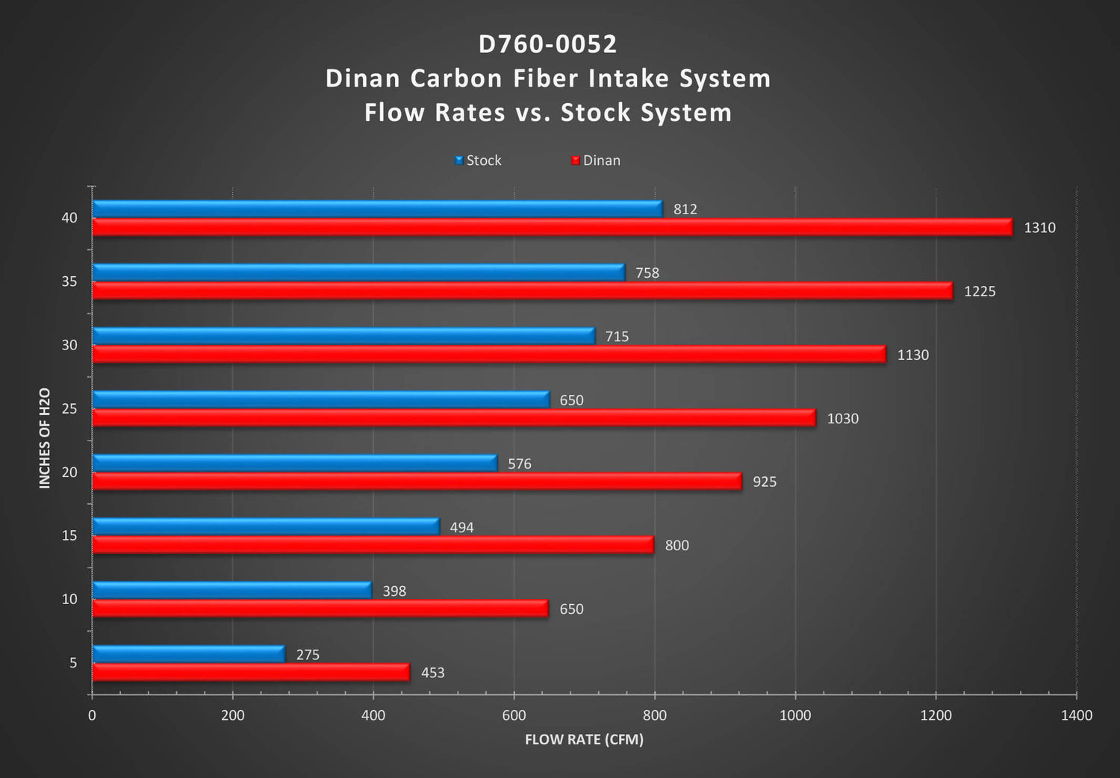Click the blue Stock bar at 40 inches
(x=378, y=209)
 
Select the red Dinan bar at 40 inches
(x=553, y=228)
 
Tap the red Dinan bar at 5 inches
(x=251, y=673)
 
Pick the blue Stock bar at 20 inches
(x=295, y=463)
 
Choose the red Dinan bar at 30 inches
(x=489, y=355)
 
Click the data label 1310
(x=1039, y=228)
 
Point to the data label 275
(x=308, y=655)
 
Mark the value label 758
(x=647, y=273)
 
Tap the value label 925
(x=765, y=482)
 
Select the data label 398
(x=394, y=591)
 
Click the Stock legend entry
(x=478, y=161)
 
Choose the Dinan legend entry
(x=596, y=161)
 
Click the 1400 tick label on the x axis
(x=1077, y=715)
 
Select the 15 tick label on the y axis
(x=69, y=536)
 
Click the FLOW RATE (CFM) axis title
(x=584, y=739)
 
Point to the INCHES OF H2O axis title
(x=45, y=438)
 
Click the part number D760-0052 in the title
(x=547, y=45)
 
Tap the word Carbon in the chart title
(x=456, y=78)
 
